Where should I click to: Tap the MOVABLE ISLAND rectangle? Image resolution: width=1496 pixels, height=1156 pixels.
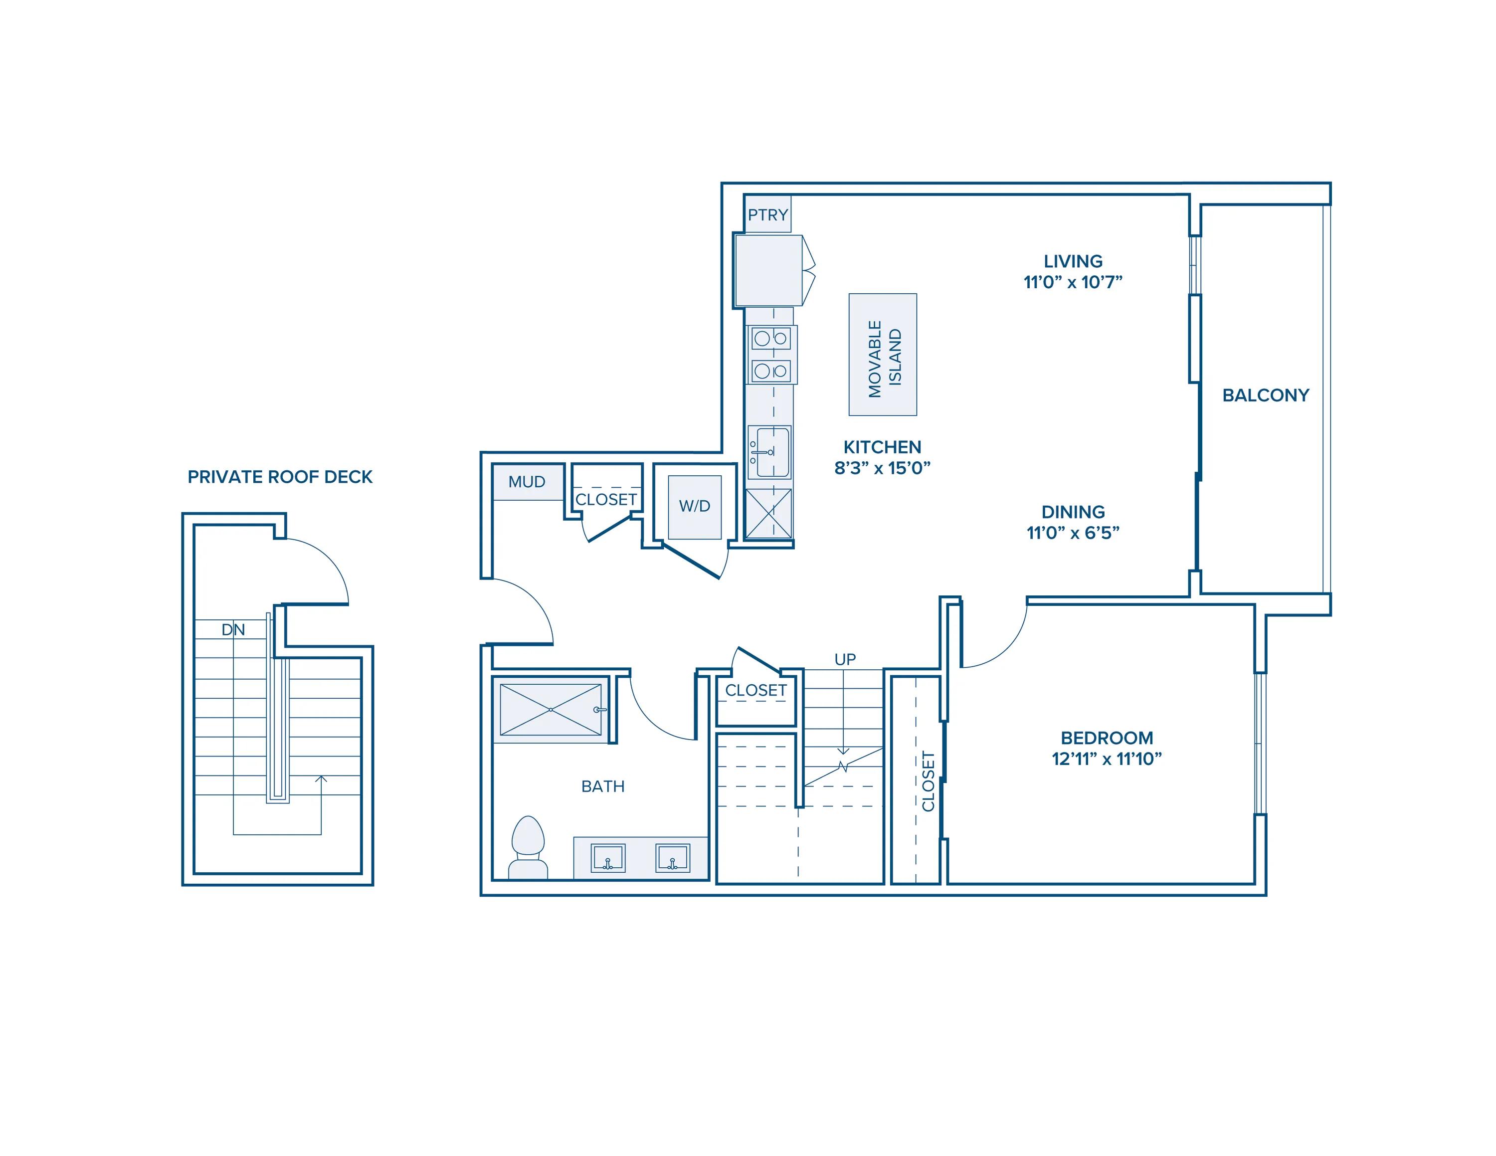882,354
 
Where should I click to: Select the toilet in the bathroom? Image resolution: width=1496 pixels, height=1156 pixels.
528,848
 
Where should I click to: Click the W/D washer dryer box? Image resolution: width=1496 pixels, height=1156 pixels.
695,507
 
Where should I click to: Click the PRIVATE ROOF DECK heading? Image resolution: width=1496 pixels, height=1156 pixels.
280,477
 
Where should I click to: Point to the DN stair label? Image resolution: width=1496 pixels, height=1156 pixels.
233,629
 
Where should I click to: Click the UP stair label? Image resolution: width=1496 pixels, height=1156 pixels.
845,659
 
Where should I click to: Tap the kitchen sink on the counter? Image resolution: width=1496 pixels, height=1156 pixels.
769,451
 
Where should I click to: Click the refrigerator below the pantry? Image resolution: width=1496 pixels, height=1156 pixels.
768,270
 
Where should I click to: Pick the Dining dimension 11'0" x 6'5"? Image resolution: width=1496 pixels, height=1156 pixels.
1073,532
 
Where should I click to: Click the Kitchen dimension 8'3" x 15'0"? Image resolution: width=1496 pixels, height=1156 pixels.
882,468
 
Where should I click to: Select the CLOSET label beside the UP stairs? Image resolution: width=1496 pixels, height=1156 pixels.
756,690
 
